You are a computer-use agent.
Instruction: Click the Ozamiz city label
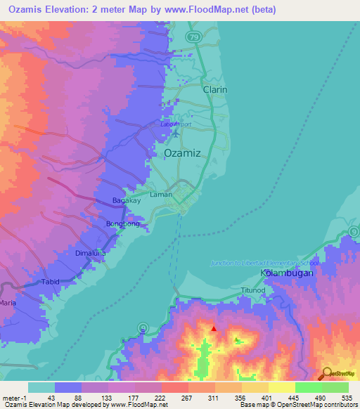(182, 152)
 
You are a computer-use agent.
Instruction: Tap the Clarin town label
(215, 91)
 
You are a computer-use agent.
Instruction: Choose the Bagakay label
(127, 200)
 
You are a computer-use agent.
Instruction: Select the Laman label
(161, 195)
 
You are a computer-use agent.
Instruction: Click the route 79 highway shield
(193, 36)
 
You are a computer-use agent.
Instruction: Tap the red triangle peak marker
(214, 328)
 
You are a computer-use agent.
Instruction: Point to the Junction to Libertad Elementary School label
(266, 263)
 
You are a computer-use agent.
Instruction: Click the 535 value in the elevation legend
(335, 398)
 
